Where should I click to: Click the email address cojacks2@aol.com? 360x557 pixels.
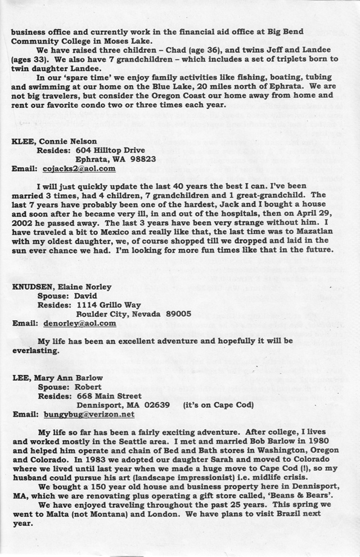tap(79, 168)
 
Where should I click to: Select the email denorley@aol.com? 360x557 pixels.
tap(79, 324)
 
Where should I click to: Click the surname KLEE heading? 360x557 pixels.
tap(21, 141)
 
